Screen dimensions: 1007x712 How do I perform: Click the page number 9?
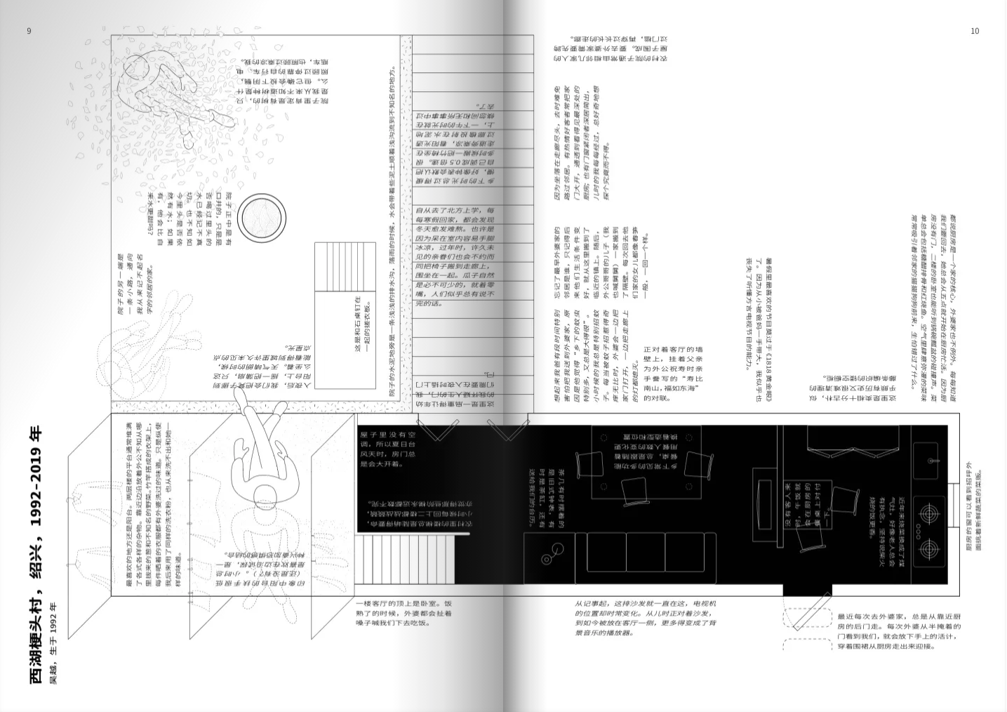[x=29, y=31]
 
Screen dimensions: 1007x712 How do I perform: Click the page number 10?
[x=974, y=31]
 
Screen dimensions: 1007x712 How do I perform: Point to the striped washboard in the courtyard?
[x=346, y=266]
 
